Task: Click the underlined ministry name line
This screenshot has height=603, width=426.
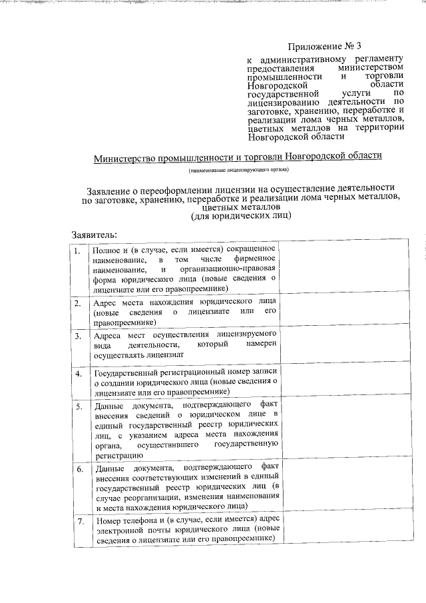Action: tap(238, 156)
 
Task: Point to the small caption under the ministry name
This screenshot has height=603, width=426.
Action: tap(238, 171)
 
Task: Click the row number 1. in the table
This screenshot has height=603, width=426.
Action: tap(78, 251)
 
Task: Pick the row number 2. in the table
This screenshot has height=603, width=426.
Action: tap(78, 304)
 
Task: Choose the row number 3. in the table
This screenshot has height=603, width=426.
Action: tap(78, 336)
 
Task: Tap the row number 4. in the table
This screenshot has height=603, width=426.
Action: tap(78, 373)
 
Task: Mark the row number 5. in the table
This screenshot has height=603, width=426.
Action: tap(78, 406)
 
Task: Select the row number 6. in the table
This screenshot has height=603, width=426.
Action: tap(78, 470)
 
